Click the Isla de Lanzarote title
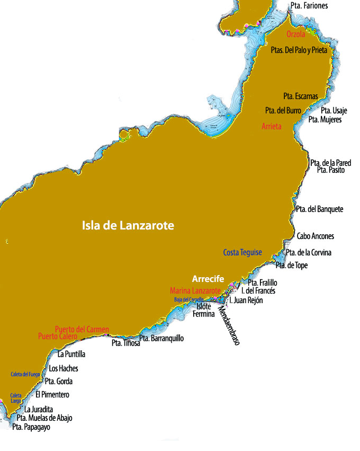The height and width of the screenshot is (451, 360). point(128,226)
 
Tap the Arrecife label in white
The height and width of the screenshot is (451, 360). point(208,279)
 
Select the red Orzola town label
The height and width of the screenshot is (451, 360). point(295,34)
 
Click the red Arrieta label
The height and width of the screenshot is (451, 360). point(272,127)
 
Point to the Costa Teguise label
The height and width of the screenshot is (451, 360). point(242,252)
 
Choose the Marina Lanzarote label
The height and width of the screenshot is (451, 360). point(195,291)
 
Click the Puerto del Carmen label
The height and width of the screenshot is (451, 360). point(82,329)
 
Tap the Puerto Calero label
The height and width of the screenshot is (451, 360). point(58,336)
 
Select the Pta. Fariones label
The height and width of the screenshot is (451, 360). point(309,6)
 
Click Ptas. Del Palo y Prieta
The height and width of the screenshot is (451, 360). point(302,50)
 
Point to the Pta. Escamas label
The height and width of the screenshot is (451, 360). point(300,96)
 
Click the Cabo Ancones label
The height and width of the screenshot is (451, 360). point(315,236)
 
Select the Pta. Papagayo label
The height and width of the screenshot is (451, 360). point(31,427)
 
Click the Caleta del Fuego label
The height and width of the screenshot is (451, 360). point(25,374)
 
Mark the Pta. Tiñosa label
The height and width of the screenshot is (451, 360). point(125,343)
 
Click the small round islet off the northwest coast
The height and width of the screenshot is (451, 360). point(124,134)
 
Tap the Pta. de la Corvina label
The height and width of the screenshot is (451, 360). point(309,253)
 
